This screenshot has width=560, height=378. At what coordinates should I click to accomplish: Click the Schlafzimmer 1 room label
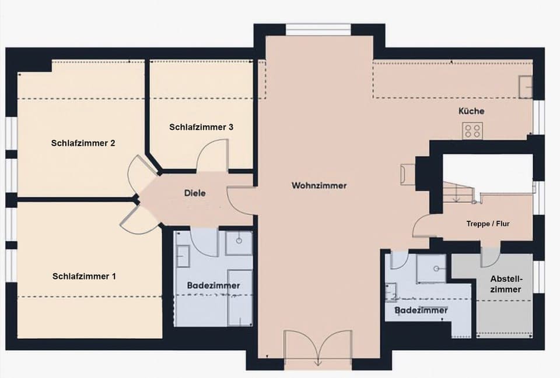(x=84, y=276)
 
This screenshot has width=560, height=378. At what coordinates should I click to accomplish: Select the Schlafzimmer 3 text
(x=201, y=127)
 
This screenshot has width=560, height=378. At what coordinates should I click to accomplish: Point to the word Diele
(x=195, y=193)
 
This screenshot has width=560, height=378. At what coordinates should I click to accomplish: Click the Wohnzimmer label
(x=319, y=186)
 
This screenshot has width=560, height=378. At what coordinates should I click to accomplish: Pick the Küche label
(x=471, y=111)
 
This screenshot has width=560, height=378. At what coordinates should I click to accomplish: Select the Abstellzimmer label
(x=505, y=284)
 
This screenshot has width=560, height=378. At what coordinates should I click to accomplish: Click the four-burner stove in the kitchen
(x=472, y=131)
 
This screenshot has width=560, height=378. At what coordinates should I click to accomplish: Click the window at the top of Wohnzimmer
(x=318, y=29)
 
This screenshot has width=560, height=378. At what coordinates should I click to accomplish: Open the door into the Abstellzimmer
(x=490, y=257)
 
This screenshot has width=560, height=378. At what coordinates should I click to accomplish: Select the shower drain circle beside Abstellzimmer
(x=436, y=269)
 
